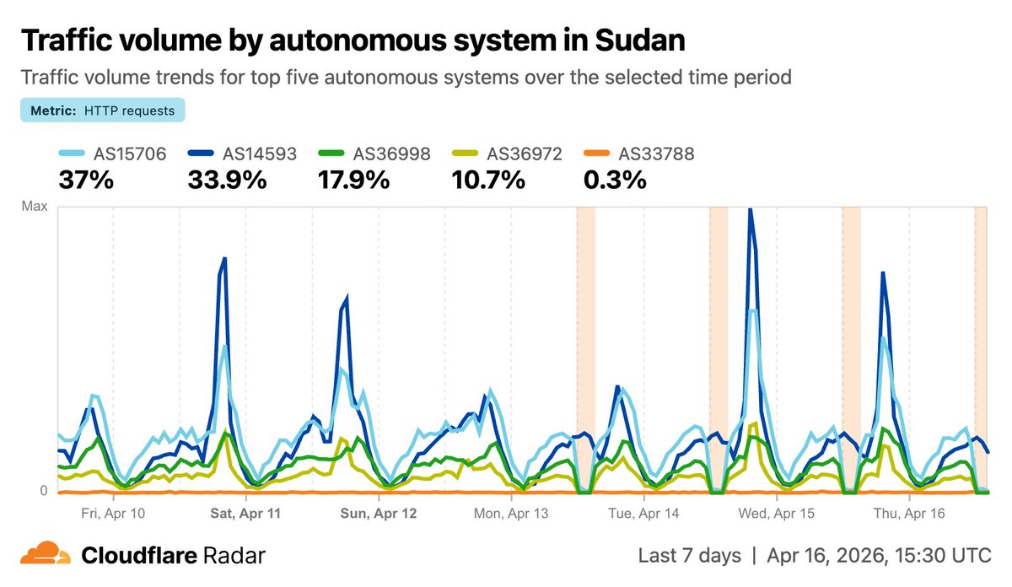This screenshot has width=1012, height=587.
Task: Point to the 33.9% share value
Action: (x=228, y=180)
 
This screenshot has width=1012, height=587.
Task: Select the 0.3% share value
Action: (x=615, y=180)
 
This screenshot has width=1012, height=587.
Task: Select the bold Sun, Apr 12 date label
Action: (x=378, y=513)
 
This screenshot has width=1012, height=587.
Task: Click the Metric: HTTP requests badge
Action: (x=102, y=110)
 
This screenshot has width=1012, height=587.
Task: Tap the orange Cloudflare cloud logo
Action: (x=46, y=554)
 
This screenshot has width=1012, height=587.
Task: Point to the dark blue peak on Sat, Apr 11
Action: (x=224, y=259)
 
